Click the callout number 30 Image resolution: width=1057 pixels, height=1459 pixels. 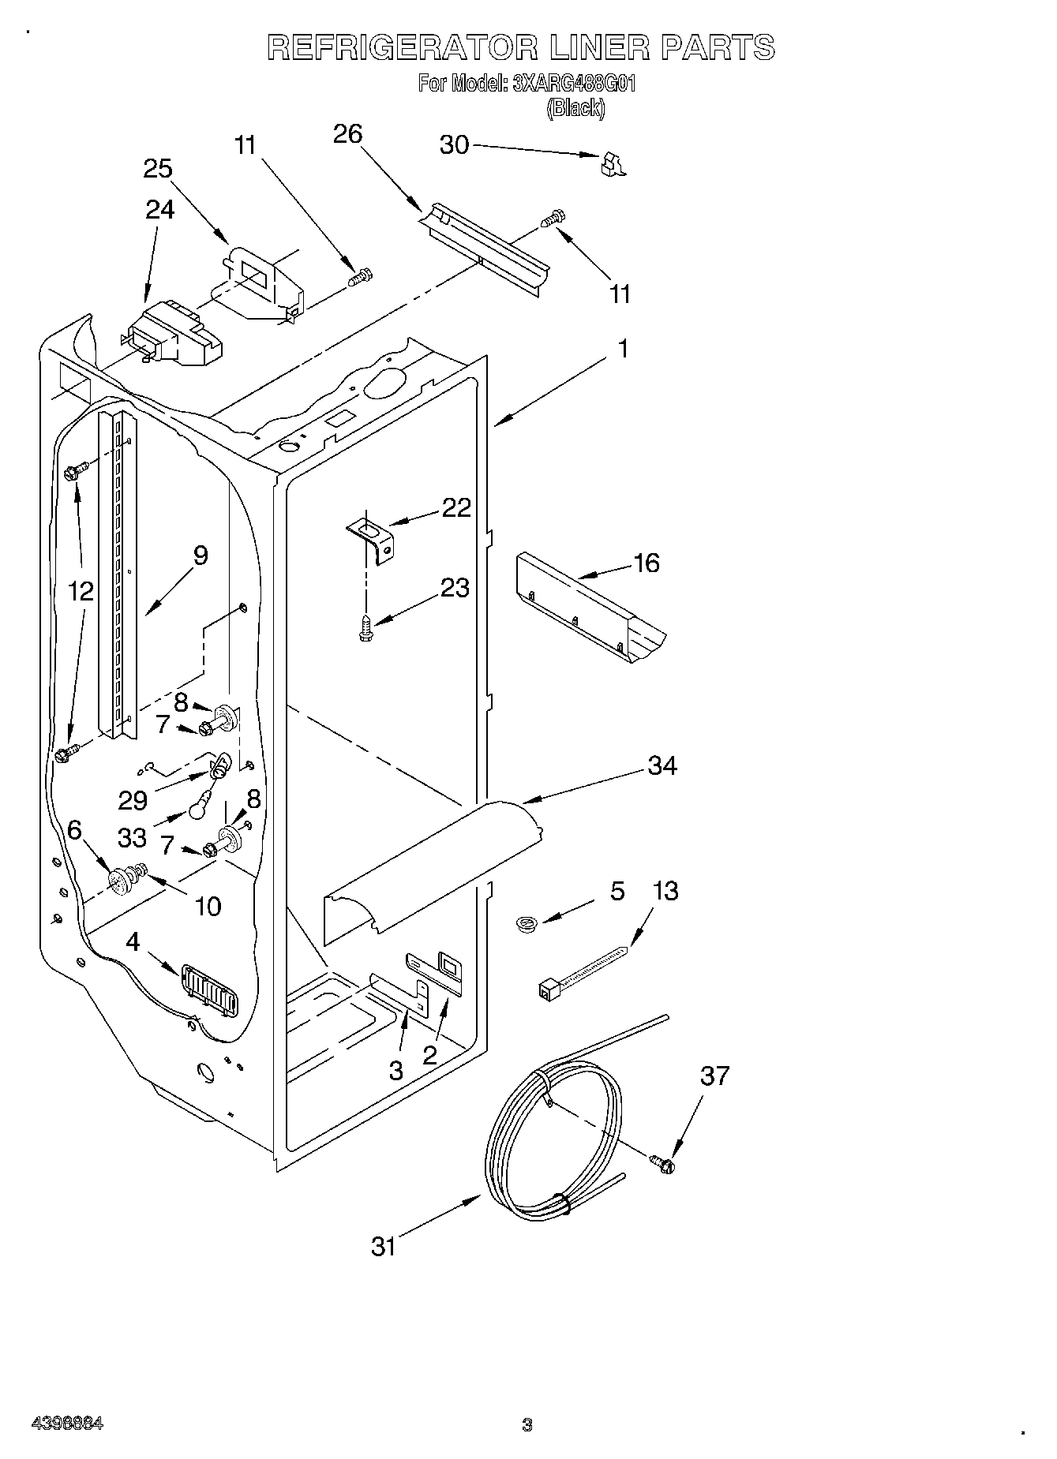click(454, 145)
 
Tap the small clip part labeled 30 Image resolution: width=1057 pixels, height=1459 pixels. click(611, 164)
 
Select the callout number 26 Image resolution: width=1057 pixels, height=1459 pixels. click(347, 134)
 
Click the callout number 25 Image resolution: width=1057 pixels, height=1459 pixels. click(158, 169)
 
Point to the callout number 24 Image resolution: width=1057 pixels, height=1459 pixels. click(160, 209)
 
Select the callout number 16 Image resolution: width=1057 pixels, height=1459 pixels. click(646, 563)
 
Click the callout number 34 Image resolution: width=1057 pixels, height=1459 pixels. click(662, 765)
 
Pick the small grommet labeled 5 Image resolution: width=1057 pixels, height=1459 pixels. click(524, 922)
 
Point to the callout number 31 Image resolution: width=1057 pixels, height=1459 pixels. click(384, 1247)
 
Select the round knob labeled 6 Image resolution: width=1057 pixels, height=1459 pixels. click(121, 881)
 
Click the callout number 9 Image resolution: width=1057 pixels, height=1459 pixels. click(201, 556)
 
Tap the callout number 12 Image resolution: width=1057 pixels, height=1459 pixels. click(81, 591)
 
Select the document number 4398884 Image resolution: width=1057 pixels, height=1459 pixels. click(67, 1423)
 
